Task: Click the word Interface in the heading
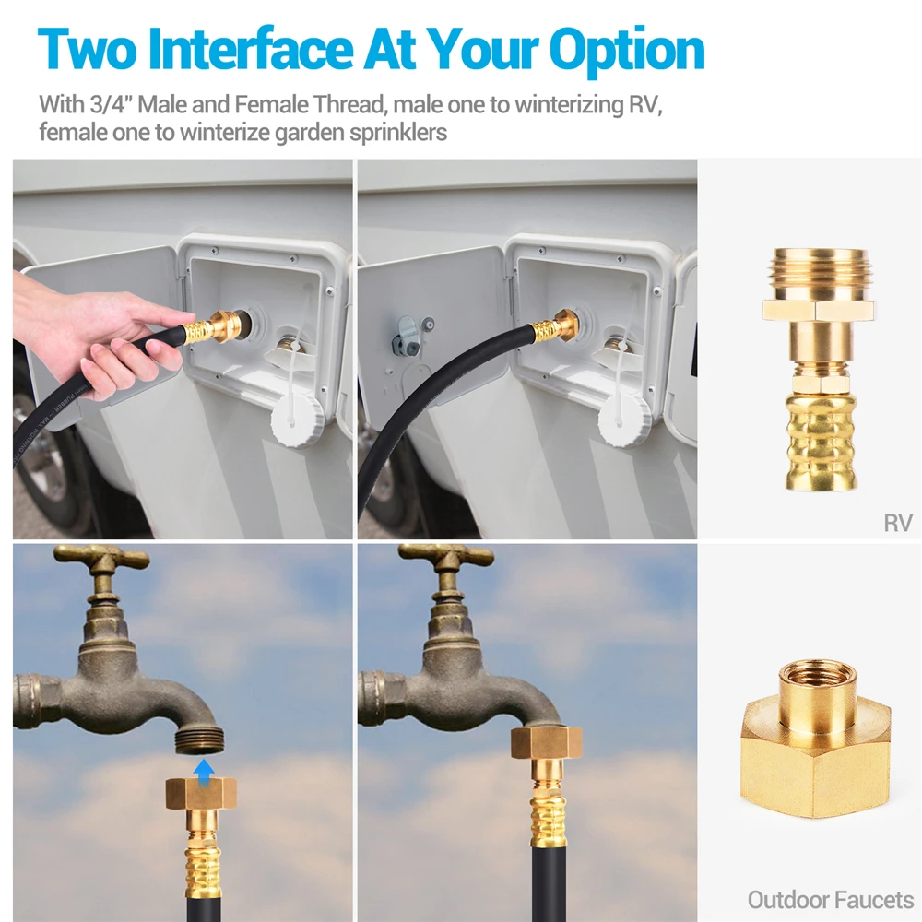pos(250,49)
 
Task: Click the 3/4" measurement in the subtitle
pos(112,104)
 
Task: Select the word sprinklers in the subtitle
pos(398,132)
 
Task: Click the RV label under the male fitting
pos(898,523)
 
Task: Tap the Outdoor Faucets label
pos(831,900)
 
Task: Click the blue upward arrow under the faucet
pos(204,771)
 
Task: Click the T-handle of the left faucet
pos(100,557)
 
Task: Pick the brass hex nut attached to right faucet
pos(546,743)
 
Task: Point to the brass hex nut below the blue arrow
pos(201,793)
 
